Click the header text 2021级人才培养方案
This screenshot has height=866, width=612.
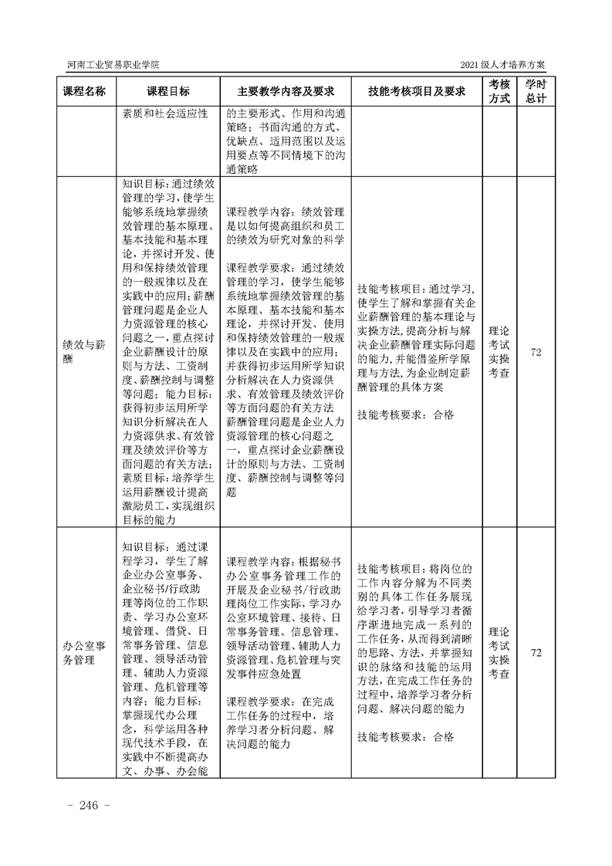507,64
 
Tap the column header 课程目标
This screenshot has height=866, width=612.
168,91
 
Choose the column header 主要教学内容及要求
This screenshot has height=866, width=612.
285,91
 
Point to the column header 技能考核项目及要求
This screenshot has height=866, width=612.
417,91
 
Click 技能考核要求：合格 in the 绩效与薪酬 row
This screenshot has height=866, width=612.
406,414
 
